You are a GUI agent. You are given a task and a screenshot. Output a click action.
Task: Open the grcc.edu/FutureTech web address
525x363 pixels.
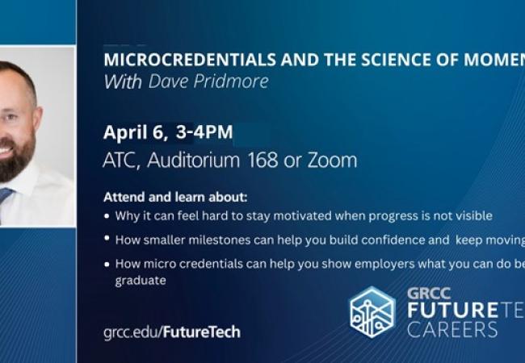pos(171,332)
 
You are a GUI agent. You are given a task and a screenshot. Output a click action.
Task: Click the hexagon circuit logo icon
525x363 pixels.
pos(372,311)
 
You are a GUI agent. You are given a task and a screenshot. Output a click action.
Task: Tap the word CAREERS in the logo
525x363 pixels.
pos(452,329)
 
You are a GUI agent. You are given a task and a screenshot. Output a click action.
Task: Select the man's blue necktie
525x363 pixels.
pos(5,202)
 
